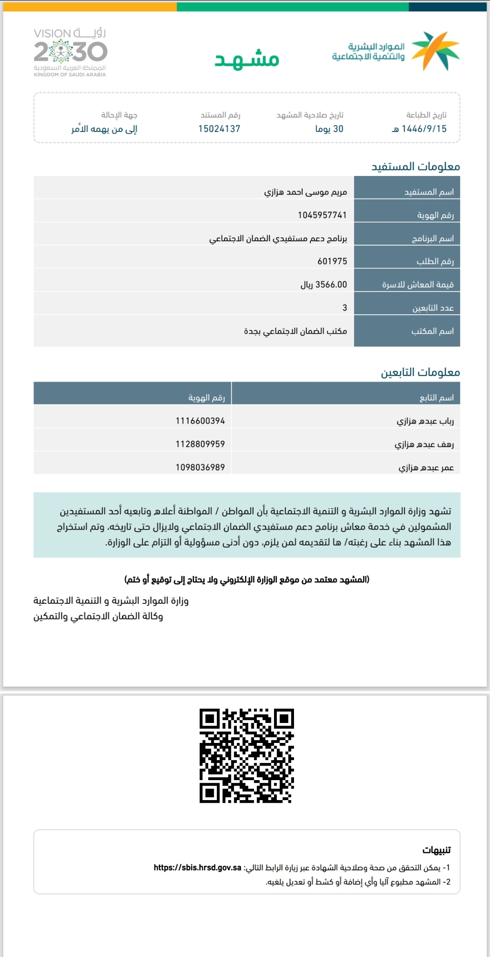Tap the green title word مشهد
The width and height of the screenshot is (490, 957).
(x=247, y=59)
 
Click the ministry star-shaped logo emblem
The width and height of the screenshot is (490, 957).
(x=436, y=50)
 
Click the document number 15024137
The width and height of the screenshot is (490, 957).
(x=219, y=129)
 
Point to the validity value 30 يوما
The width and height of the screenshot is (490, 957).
(x=329, y=129)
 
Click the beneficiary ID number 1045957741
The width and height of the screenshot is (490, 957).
(x=322, y=215)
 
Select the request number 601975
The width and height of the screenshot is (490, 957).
(x=332, y=261)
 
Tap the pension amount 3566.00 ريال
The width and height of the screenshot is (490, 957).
(x=323, y=284)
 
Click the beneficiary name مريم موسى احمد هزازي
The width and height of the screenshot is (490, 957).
(x=305, y=192)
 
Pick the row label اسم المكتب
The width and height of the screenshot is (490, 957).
(x=432, y=331)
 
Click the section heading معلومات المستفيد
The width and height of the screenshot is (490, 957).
(x=416, y=166)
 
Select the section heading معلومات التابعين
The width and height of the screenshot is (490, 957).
(x=420, y=372)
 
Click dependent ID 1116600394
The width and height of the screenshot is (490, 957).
(x=200, y=421)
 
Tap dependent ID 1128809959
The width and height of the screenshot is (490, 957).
(x=200, y=444)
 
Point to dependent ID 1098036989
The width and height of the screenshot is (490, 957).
(x=200, y=467)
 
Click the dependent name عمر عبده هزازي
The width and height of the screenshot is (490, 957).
(x=426, y=468)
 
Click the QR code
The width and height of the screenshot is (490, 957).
(x=247, y=756)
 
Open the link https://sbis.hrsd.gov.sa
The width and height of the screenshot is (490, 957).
(x=197, y=868)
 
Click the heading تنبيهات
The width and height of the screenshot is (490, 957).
(x=436, y=850)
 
